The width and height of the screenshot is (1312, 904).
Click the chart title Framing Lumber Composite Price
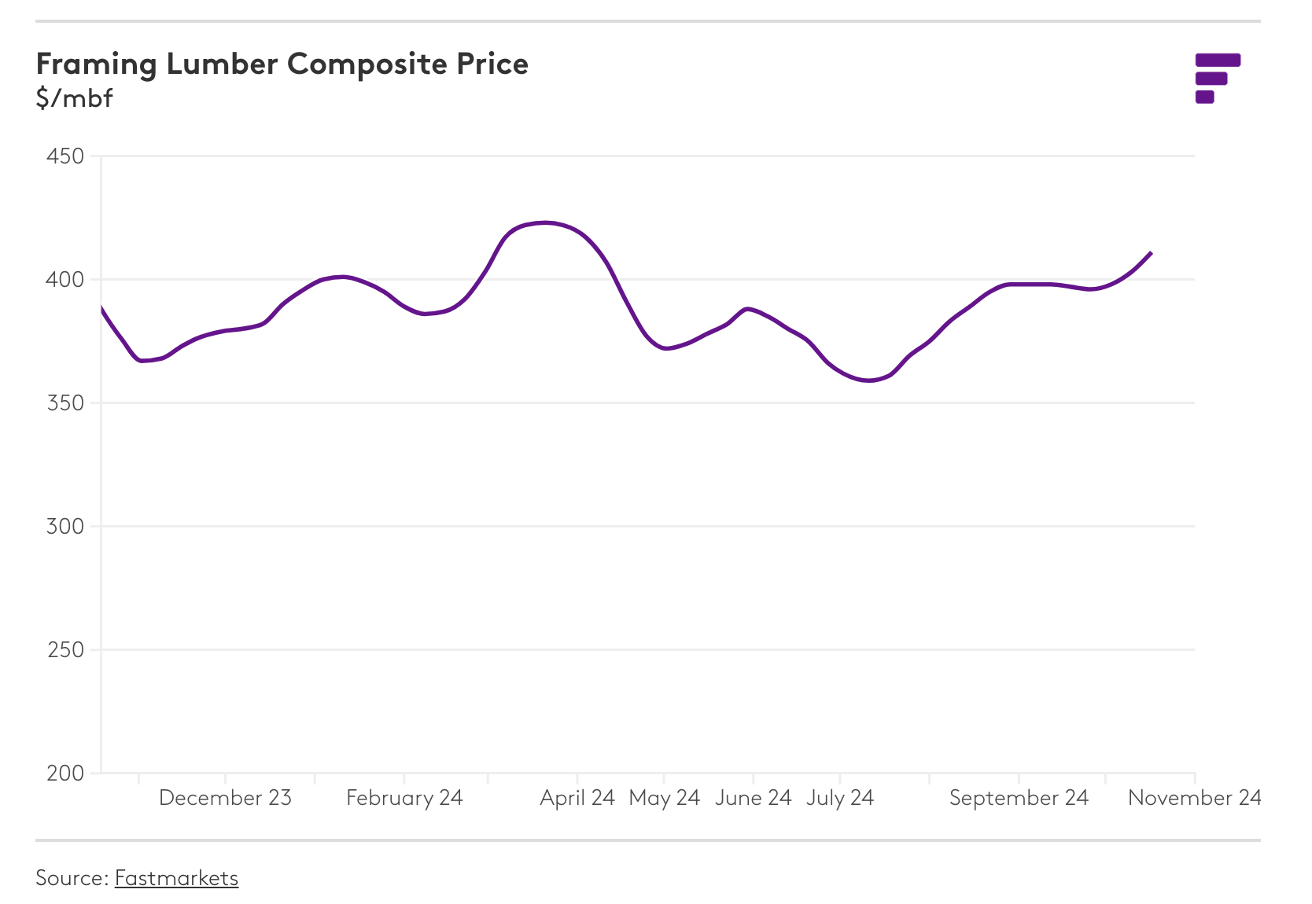tap(282, 64)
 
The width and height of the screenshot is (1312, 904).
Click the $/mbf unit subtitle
tap(74, 98)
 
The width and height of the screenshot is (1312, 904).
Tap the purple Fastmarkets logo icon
tap(1217, 78)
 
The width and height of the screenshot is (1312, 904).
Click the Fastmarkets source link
tap(176, 877)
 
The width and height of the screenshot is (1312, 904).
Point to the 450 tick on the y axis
tap(65, 156)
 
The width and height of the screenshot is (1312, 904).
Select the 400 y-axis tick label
tap(65, 280)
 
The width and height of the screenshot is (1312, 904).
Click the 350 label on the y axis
tap(65, 403)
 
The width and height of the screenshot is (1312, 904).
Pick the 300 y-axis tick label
tap(65, 527)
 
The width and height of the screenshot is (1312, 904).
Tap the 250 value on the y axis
tap(65, 650)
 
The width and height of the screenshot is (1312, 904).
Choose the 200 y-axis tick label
tap(65, 774)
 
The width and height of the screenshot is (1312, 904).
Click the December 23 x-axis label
tap(225, 798)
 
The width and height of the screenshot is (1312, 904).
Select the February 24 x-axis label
tap(404, 798)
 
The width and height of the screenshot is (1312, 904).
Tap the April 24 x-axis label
tap(577, 798)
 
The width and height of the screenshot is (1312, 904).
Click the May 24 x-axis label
tap(664, 798)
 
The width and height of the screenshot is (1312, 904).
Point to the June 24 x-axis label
tap(753, 798)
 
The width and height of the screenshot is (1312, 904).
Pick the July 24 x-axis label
tap(840, 798)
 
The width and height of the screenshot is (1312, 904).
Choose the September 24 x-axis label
tap(1019, 798)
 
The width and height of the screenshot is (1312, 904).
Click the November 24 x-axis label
tap(1194, 798)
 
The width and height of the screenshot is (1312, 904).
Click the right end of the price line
tap(1151, 253)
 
